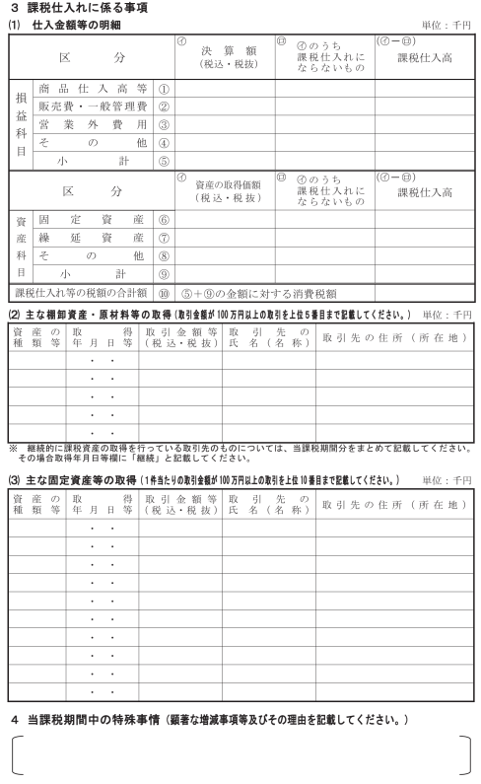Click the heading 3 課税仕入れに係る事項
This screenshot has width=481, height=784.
pyautogui.click(x=79, y=7)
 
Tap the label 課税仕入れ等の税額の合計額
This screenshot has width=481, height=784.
pyautogui.click(x=80, y=293)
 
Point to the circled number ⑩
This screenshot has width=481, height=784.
pyautogui.click(x=164, y=293)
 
